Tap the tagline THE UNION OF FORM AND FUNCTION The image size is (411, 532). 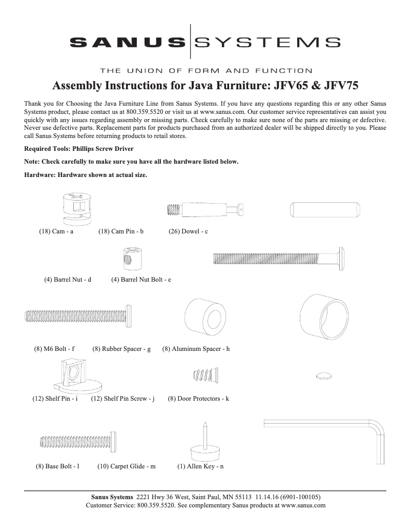click(x=205, y=70)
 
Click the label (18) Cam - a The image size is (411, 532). click(x=56, y=231)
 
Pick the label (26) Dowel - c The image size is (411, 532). click(x=188, y=231)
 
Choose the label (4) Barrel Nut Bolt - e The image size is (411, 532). click(x=141, y=280)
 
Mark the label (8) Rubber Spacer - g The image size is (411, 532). click(x=121, y=349)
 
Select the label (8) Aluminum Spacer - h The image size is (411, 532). click(x=196, y=349)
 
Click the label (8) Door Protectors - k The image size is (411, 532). click(x=198, y=399)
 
